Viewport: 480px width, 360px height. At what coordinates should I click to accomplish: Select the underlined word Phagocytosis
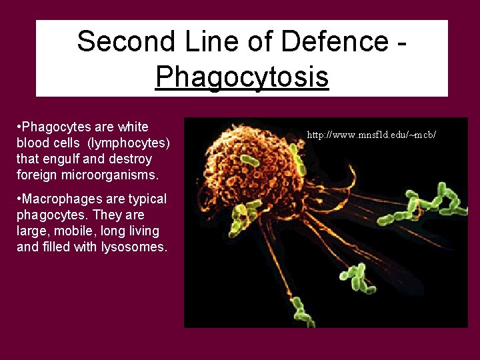click(x=242, y=77)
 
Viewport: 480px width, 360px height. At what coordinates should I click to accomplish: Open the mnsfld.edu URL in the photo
click(x=371, y=135)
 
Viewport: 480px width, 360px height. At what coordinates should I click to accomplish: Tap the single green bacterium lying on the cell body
click(x=250, y=161)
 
